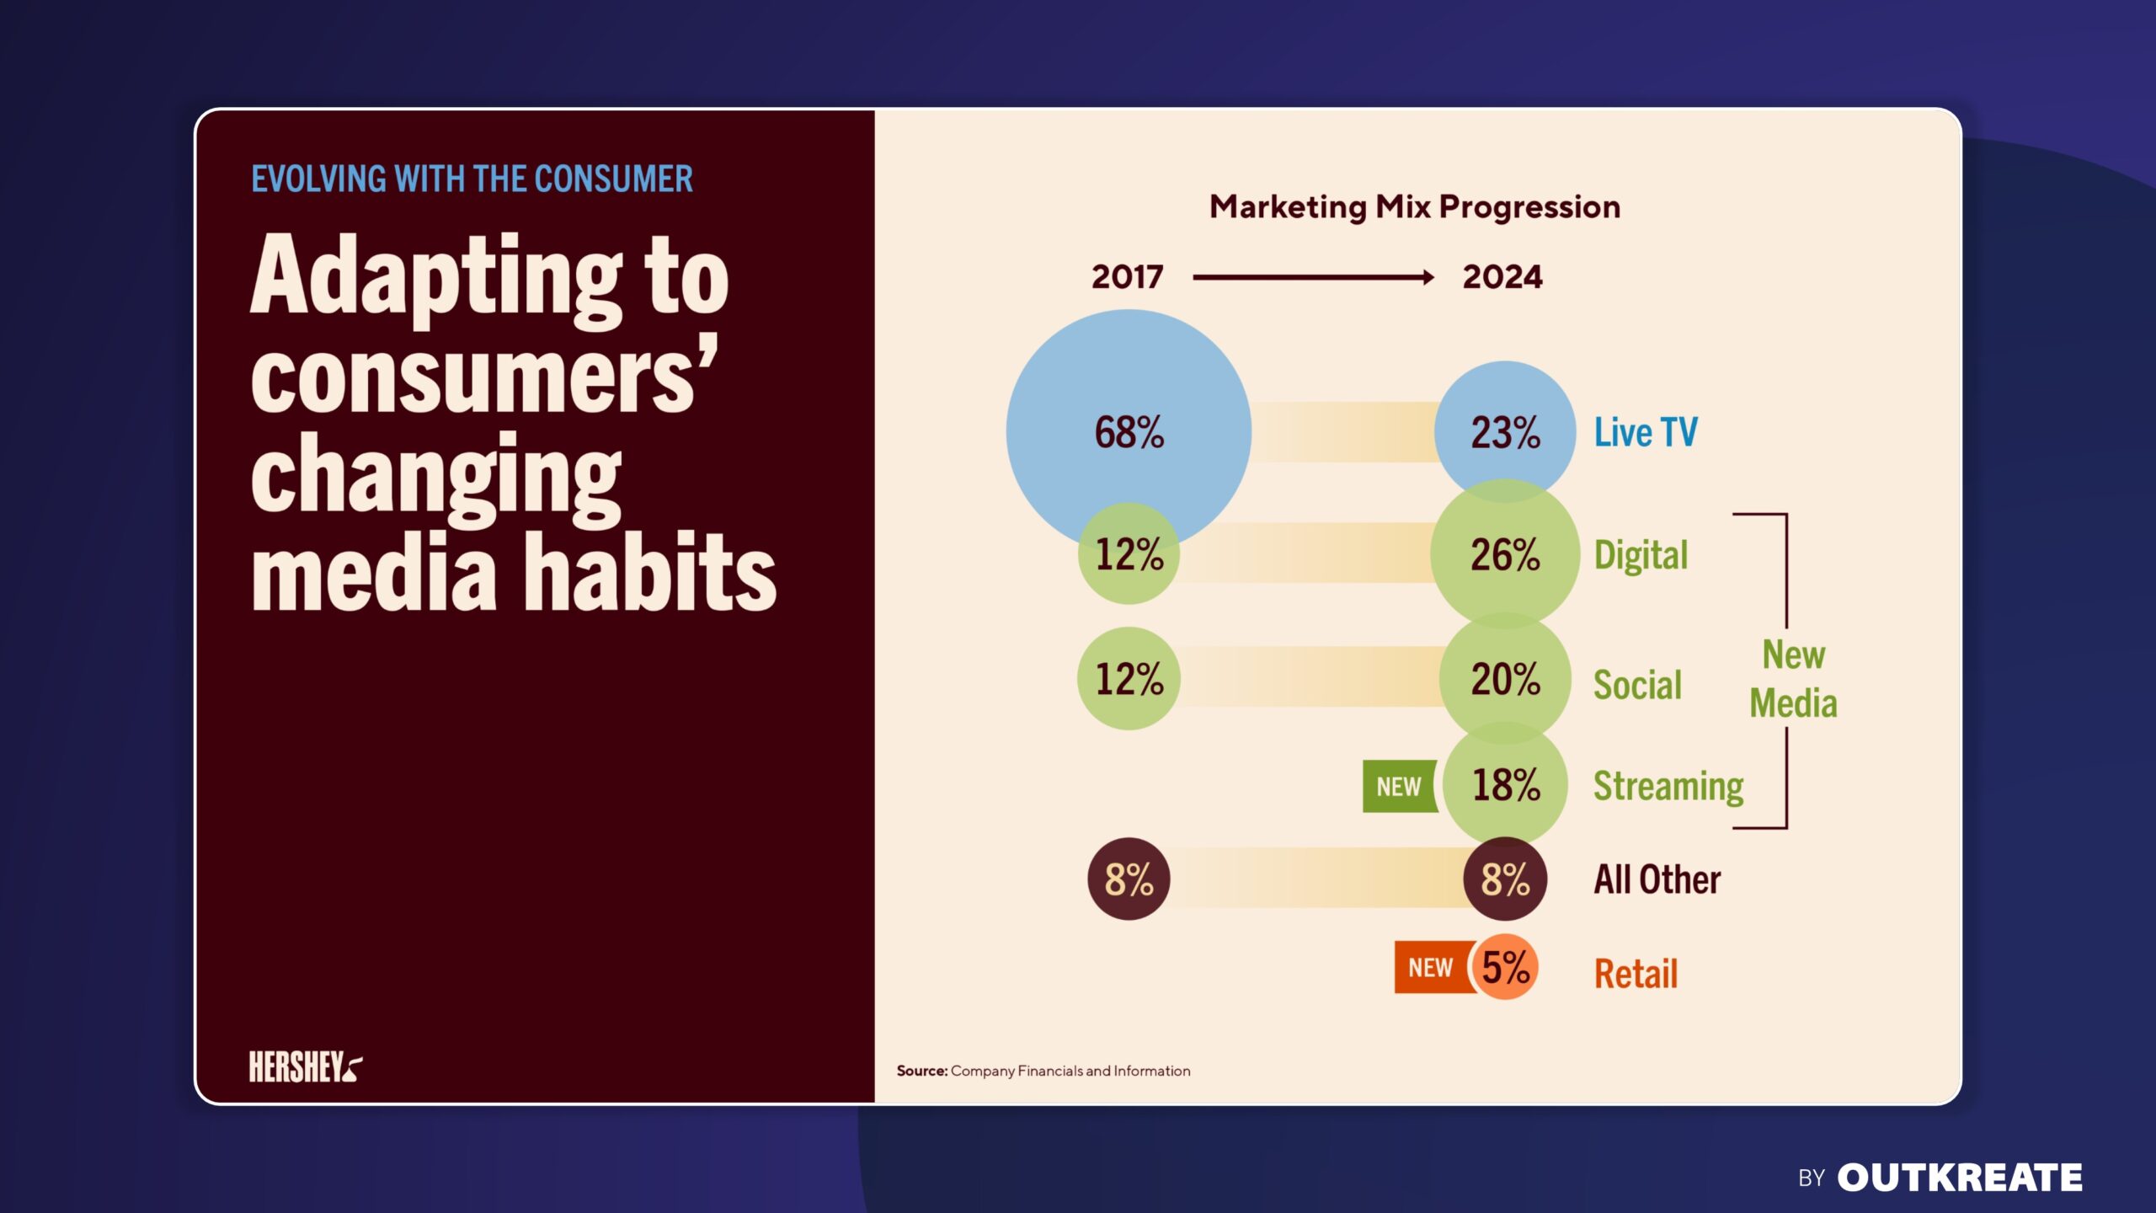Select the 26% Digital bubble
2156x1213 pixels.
coord(1505,554)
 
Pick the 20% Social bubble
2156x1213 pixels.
coord(1505,679)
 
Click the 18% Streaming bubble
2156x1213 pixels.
coord(1505,785)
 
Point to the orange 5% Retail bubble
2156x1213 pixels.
coord(1506,967)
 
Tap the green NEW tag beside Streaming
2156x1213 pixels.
coord(1399,787)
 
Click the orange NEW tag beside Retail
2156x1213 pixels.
coord(1431,967)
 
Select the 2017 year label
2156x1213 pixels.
coord(1127,277)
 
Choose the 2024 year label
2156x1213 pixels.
coord(1502,277)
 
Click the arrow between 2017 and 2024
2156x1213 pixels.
coord(1313,277)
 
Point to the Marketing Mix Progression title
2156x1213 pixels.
coord(1415,207)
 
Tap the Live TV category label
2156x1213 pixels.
coord(1646,432)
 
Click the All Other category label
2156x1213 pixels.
coord(1657,879)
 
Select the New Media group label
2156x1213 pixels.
coord(1793,679)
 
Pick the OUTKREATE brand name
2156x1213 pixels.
coord(1959,1178)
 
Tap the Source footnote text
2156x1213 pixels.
coord(1043,1071)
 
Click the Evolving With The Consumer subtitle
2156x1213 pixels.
coord(472,179)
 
